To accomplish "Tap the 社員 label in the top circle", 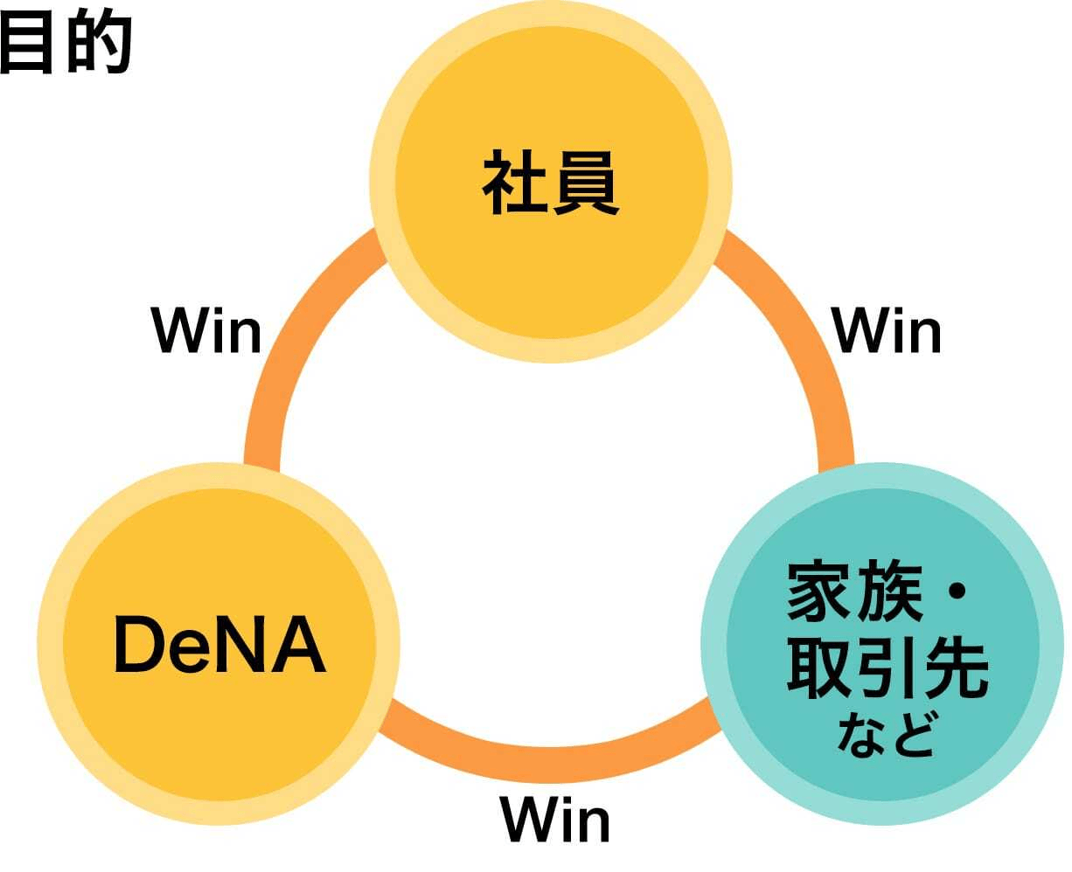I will point(550,183).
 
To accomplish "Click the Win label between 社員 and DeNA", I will point(207,330).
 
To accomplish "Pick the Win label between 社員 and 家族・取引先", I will point(887,330).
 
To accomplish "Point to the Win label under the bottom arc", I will point(554,820).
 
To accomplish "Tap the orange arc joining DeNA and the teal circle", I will point(551,758).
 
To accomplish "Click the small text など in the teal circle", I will point(885,735).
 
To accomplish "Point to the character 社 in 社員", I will point(515,183).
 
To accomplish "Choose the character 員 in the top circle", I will point(585,183).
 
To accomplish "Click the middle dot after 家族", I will point(956,592).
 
